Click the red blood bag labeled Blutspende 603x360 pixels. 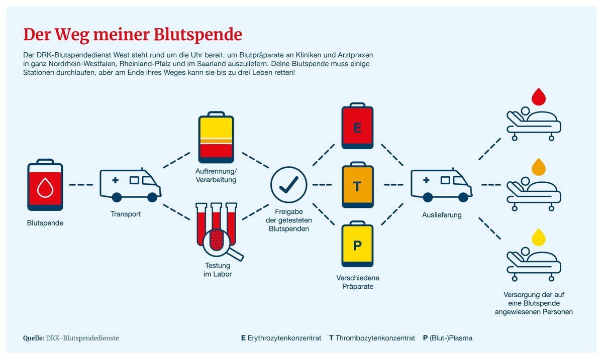(45, 185)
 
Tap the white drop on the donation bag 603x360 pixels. (45, 188)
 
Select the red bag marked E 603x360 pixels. (357, 126)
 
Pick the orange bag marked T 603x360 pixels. (357, 185)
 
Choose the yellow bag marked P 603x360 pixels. (357, 244)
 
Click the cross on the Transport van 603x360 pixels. (115, 180)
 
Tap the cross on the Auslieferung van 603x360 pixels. (426, 180)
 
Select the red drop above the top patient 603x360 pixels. (538, 97)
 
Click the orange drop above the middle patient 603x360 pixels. (538, 167)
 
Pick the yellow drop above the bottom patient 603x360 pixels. (538, 237)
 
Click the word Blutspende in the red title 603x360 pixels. (198, 35)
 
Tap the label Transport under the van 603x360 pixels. (126, 214)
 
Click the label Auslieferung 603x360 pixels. (442, 215)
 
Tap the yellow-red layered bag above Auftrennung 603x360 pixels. (216, 137)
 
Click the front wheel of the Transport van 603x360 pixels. (152, 197)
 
